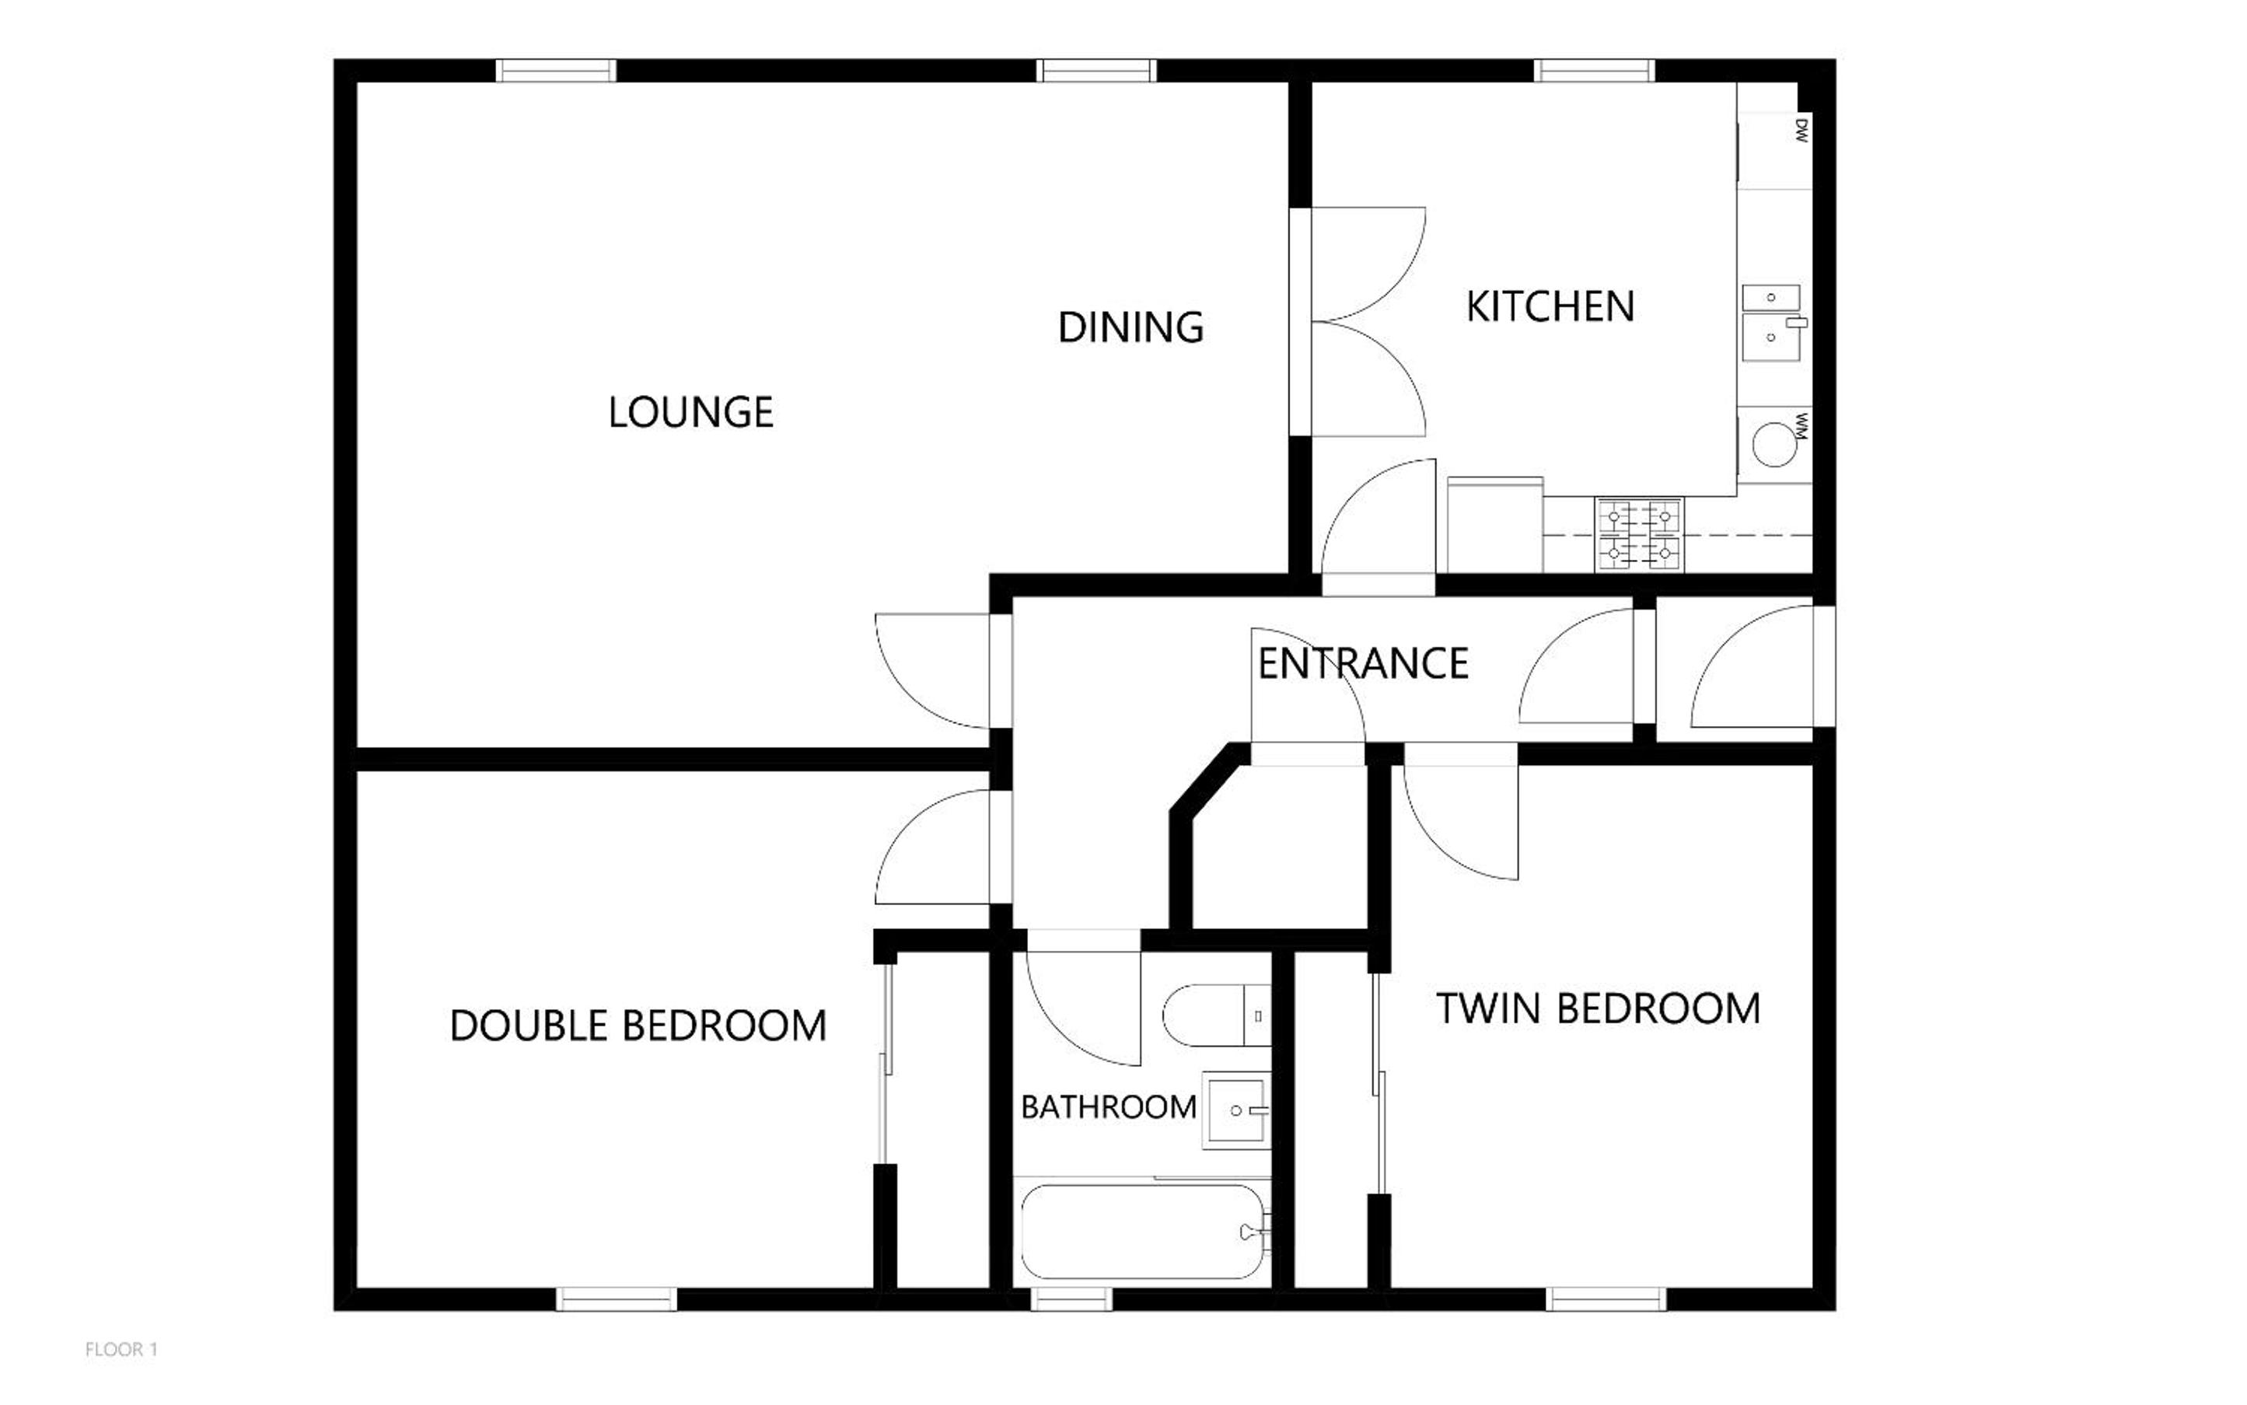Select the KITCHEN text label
point(1550,306)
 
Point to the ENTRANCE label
point(1362,663)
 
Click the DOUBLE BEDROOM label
point(638,1026)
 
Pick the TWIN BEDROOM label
point(1599,1009)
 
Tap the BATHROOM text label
point(1109,1106)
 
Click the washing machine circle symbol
point(1774,444)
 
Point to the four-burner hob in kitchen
point(1639,534)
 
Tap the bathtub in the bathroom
point(1143,1232)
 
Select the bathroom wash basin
point(1236,1110)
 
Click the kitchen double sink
point(1772,323)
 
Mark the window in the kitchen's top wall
point(1594,71)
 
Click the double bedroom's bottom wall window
point(616,1299)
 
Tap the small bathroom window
point(1071,1299)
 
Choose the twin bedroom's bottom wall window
point(1606,1299)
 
